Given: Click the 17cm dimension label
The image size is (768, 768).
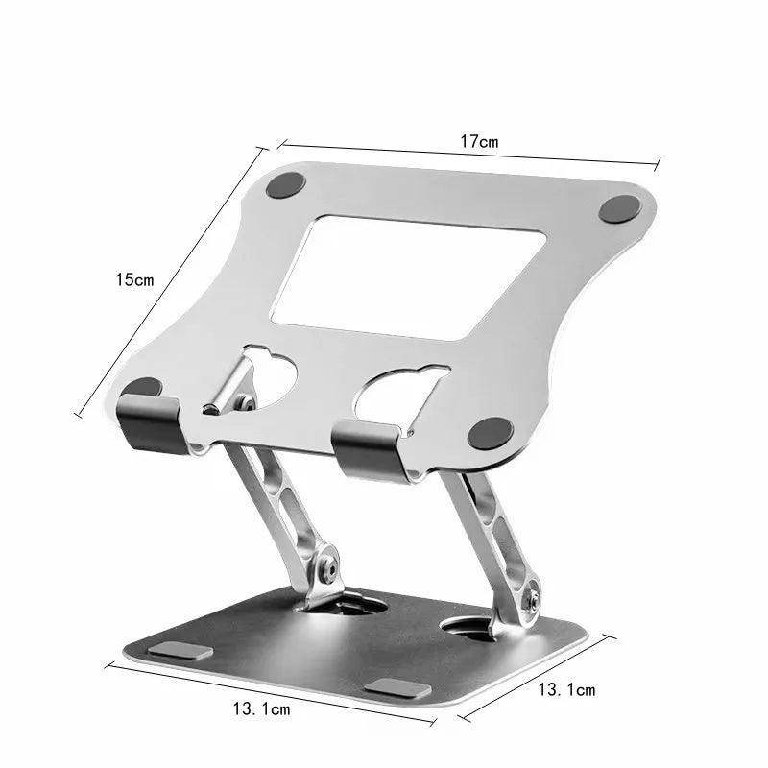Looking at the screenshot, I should pyautogui.click(x=477, y=142).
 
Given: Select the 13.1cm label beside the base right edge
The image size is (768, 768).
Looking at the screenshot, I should pyautogui.click(x=566, y=689).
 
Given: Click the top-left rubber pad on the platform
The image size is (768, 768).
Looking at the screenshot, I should pyautogui.click(x=284, y=185).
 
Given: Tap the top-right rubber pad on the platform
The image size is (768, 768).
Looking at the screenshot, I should pyautogui.click(x=621, y=208).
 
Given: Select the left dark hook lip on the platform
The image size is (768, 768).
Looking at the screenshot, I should pyautogui.click(x=149, y=415).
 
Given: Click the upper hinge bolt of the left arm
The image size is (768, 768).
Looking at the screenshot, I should pyautogui.click(x=247, y=404).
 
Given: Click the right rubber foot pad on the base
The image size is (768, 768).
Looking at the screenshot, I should pyautogui.click(x=396, y=687).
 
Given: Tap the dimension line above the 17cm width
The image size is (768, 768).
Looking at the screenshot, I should pyautogui.click(x=470, y=154).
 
